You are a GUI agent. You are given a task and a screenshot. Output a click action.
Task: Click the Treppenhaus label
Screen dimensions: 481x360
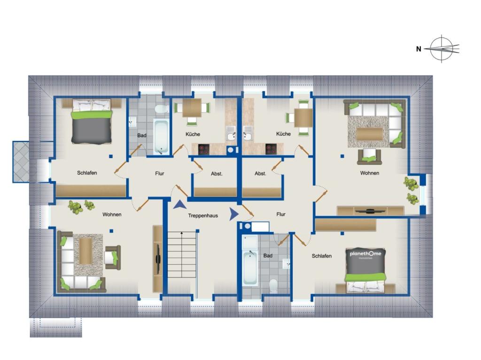203,215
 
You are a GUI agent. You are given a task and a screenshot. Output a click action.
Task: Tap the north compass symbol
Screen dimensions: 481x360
442,48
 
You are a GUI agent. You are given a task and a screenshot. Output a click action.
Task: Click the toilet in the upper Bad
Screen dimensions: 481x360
162,109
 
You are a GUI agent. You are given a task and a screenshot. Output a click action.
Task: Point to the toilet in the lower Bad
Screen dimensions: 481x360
273,285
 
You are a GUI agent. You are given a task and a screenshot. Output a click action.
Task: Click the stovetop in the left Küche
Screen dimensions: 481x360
203,149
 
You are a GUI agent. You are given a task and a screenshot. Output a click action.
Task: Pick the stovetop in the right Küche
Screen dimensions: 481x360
271,149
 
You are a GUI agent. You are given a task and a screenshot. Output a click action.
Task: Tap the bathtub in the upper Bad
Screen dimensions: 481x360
161,137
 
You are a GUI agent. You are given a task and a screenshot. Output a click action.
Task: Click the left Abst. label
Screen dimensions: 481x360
217,174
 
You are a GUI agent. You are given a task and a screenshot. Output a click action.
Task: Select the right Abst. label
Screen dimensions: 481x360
260,174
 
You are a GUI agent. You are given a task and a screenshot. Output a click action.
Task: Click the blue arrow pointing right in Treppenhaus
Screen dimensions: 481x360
234,214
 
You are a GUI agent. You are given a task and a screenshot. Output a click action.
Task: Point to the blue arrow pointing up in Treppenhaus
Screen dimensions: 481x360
180,205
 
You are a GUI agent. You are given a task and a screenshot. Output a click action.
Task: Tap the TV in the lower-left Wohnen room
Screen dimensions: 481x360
158,259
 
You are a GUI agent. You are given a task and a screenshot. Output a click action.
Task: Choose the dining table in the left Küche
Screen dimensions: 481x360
192,107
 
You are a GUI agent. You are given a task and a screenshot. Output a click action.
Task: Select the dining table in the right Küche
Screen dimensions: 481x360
303,118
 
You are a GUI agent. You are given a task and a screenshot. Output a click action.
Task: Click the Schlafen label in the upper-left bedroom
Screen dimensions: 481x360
87,173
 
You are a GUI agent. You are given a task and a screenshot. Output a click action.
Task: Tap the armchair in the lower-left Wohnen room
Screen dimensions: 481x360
112,258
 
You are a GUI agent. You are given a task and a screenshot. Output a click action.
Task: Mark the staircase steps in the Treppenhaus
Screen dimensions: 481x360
182,254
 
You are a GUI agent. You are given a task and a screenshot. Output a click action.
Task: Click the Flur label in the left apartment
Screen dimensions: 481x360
160,174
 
